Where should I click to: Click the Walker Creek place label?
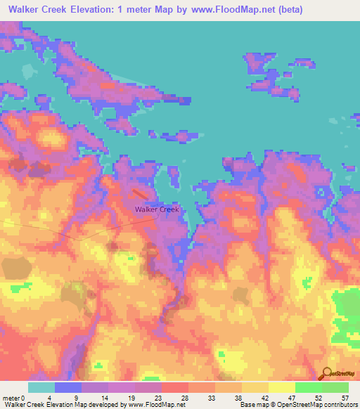pos(157,209)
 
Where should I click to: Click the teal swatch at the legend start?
pos(41,387)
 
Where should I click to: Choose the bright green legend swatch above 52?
pos(308,387)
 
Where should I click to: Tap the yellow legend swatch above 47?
pos(281,387)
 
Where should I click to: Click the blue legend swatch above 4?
pos(68,387)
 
